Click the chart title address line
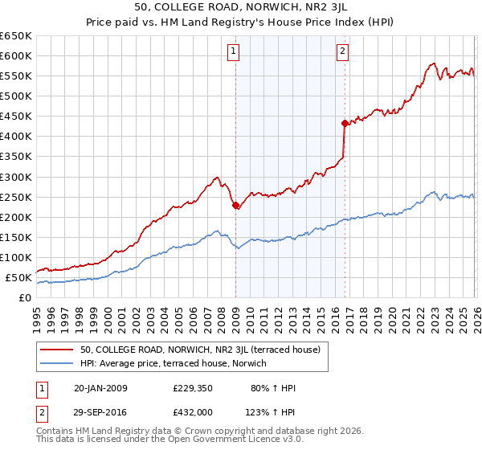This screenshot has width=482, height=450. [x=241, y=6]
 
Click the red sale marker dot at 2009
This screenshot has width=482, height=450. [x=235, y=205]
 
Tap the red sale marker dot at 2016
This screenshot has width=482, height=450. [x=345, y=123]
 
